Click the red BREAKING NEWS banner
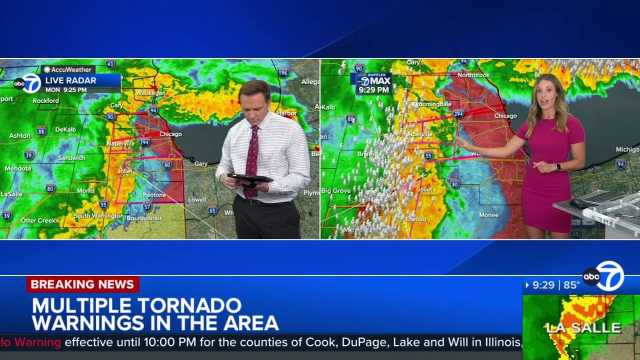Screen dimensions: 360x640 [82, 284]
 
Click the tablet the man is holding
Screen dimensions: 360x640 [249, 178]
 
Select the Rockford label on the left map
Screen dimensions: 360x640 [46, 100]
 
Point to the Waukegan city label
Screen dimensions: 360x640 [150, 93]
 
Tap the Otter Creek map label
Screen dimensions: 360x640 [38, 220]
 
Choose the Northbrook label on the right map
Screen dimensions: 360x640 [473, 75]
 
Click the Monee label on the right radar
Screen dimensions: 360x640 [488, 215]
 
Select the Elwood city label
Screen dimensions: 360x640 [416, 219]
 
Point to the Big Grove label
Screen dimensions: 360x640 [336, 190]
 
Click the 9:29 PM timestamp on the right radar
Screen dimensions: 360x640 [373, 90]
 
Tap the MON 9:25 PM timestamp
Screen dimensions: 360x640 [66, 90]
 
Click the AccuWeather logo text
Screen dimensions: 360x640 [71, 69]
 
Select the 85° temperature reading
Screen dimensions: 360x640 [571, 285]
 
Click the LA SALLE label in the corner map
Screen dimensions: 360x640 [583, 328]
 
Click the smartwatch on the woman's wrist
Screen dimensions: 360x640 [558, 167]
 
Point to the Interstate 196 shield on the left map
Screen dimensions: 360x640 [283, 72]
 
